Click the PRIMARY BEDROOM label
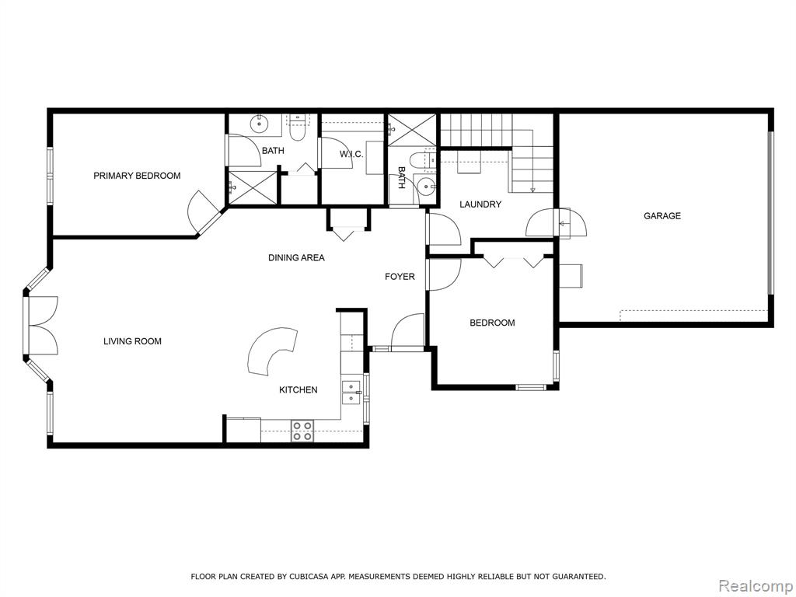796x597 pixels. [x=137, y=176]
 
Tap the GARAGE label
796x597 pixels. [x=662, y=216]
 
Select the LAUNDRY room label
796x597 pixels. [x=480, y=204]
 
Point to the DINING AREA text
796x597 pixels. [x=296, y=258]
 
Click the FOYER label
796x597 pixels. [x=400, y=277]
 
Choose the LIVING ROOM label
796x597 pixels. [x=132, y=341]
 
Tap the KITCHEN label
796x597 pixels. [x=298, y=390]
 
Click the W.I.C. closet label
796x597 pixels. [x=351, y=155]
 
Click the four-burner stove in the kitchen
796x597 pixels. [x=302, y=431]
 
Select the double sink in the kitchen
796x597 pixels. [x=351, y=393]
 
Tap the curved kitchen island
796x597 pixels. [x=272, y=351]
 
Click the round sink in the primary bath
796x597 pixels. [x=260, y=122]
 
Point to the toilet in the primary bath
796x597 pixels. [x=297, y=128]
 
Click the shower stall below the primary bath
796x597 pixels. [x=253, y=188]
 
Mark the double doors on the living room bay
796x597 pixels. [x=42, y=326]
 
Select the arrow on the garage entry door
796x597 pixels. [x=564, y=223]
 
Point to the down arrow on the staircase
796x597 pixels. [x=532, y=189]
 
